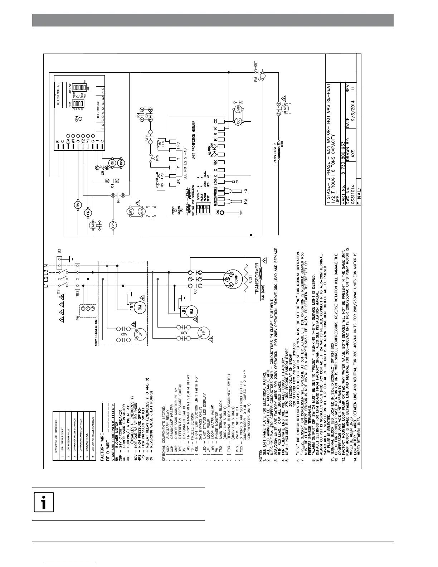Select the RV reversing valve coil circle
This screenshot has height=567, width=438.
click(79, 205)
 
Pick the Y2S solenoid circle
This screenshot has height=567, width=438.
click(113, 225)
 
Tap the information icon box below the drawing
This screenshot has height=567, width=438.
click(44, 502)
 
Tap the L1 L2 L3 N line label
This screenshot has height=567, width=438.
click(46, 275)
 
